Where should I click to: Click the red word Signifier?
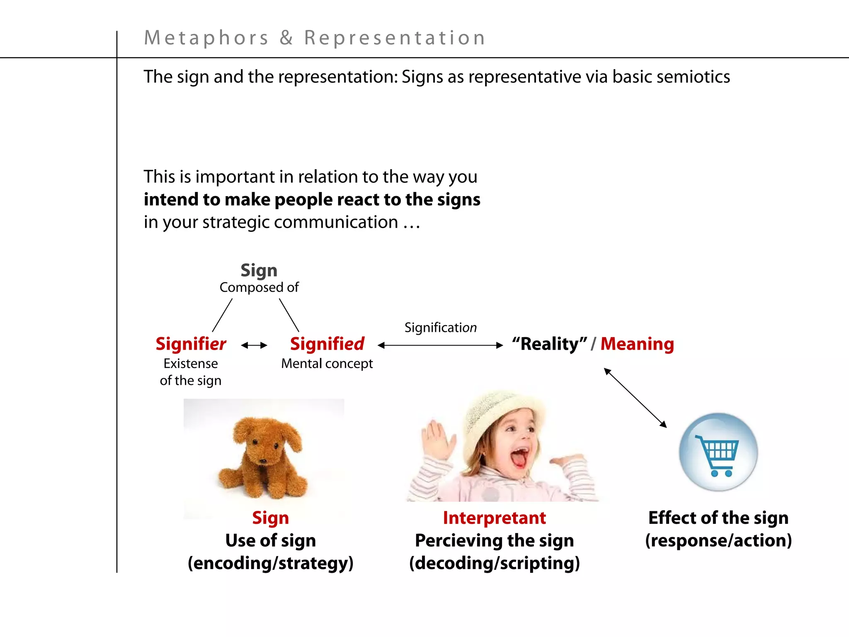(191, 344)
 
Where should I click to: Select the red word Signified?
(327, 344)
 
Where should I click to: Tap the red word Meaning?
(637, 344)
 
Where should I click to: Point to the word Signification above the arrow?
(440, 328)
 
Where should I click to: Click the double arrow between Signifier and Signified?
(254, 345)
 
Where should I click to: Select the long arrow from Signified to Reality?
(440, 345)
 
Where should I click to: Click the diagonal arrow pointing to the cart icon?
(635, 398)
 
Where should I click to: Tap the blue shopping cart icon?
(718, 452)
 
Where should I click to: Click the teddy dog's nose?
(262, 461)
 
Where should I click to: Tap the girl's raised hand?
(435, 440)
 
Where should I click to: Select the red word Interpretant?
(494, 518)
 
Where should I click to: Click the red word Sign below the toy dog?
(270, 518)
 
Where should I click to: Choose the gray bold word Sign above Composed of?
(259, 270)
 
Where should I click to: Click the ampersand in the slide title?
(286, 38)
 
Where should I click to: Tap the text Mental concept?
(327, 364)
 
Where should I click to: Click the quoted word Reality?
(549, 344)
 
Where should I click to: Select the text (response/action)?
(718, 540)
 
